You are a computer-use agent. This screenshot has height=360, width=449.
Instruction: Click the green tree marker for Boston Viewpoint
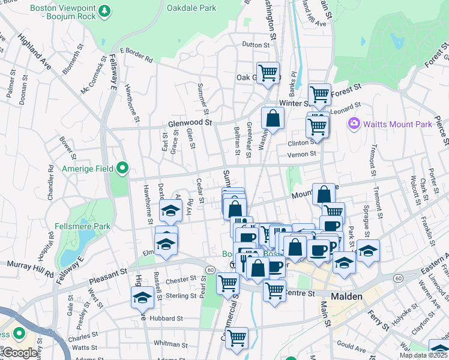104,11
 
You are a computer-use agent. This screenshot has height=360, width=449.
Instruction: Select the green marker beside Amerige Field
122,169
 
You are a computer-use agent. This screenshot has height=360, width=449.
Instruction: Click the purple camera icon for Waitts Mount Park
354,124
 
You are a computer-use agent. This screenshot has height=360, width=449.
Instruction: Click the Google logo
20,353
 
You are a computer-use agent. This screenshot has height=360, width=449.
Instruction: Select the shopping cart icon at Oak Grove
268,73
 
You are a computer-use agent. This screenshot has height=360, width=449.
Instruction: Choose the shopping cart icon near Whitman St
237,338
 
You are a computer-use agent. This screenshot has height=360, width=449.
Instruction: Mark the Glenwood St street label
191,122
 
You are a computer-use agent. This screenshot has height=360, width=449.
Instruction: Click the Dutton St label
256,45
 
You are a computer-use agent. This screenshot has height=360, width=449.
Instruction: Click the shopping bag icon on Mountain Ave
324,194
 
